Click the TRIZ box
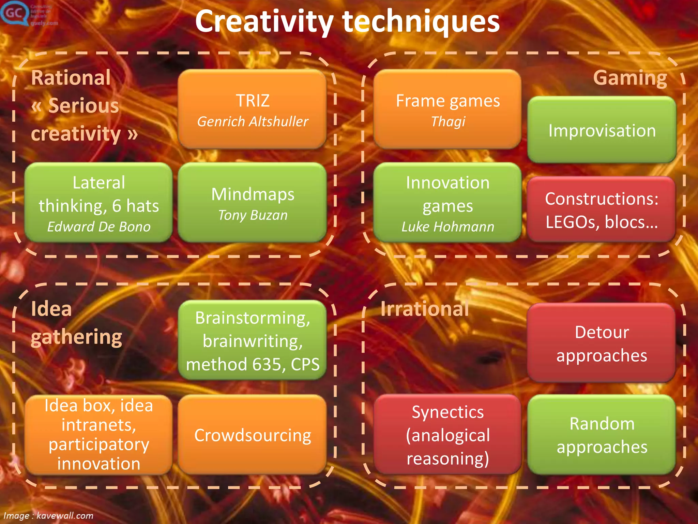coord(253,109)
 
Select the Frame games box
coord(447,109)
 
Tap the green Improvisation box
coord(602,130)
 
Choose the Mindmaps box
coord(253,203)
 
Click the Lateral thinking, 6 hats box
coord(98,203)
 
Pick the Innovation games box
coord(447,203)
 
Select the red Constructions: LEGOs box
coord(602,209)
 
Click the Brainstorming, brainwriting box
coord(253,340)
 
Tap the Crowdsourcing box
coord(253,435)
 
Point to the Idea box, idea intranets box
coord(98,435)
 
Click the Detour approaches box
coord(602,343)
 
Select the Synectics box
coord(447,435)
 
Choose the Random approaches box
coord(602,435)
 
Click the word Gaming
coord(630,78)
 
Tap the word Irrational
coord(425,309)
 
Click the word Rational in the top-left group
coord(71,78)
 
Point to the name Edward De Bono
coord(98,227)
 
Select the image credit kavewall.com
coord(65,515)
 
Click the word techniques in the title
coord(421,21)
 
